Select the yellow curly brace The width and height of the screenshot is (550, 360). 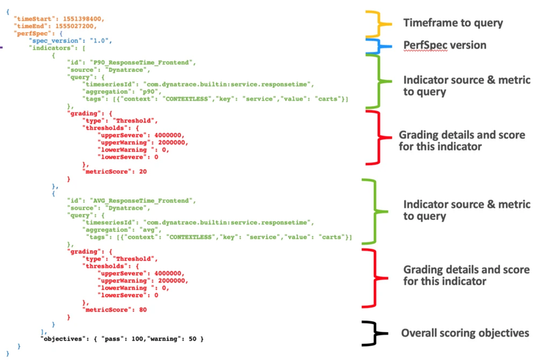tap(380, 24)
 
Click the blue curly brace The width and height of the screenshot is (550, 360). tap(380, 45)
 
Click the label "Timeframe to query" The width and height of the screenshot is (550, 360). tap(453, 23)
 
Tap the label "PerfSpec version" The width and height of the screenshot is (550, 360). tap(444, 45)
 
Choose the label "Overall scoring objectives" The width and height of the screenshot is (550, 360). tap(465, 333)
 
